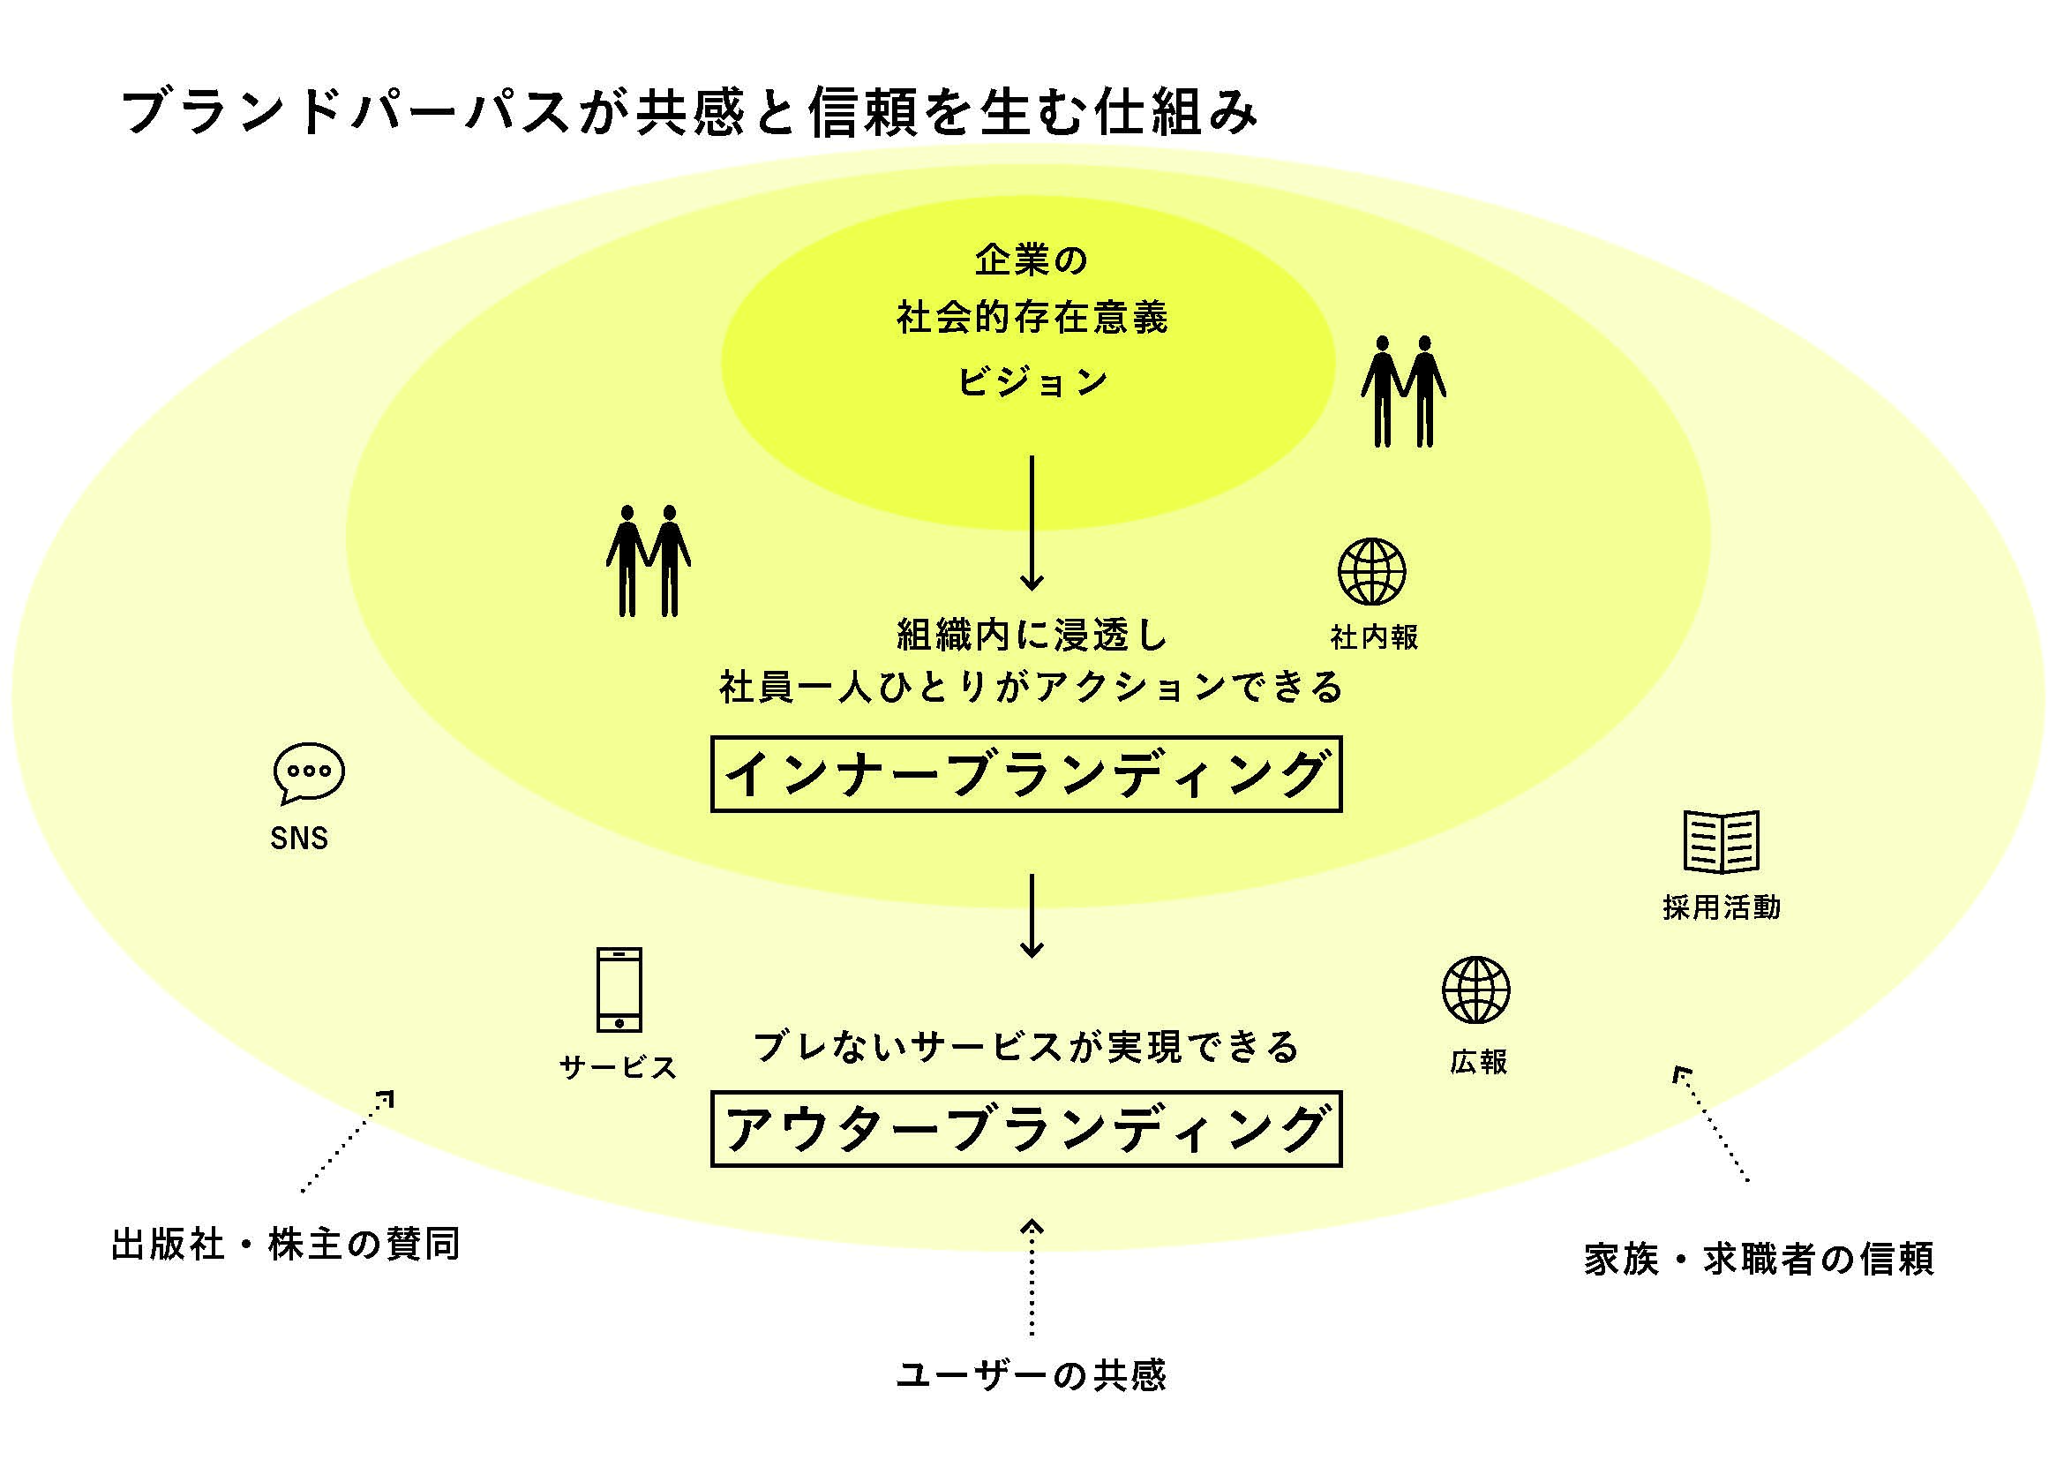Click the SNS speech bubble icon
308,772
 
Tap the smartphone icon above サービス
619,990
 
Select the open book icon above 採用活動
1721,841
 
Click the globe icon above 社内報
1372,572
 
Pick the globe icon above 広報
1476,990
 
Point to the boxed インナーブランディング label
1025,774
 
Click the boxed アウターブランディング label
1025,1129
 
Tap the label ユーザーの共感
1031,1375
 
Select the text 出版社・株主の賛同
286,1245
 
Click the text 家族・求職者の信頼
1759,1258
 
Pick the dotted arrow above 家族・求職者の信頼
1710,1123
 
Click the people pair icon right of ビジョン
1403,392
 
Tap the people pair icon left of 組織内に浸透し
649,562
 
